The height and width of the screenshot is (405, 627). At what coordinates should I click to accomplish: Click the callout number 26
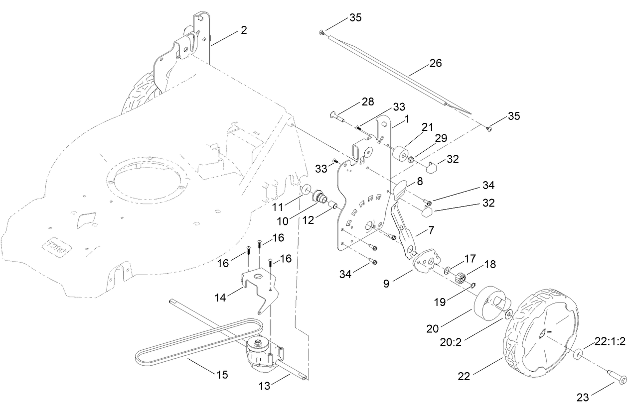click(435, 63)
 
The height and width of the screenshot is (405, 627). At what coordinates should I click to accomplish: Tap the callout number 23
click(582, 397)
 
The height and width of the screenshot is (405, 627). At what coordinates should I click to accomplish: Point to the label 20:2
click(451, 342)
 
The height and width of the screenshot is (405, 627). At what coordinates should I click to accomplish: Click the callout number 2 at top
click(243, 30)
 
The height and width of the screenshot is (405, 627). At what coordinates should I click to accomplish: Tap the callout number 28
click(368, 101)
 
